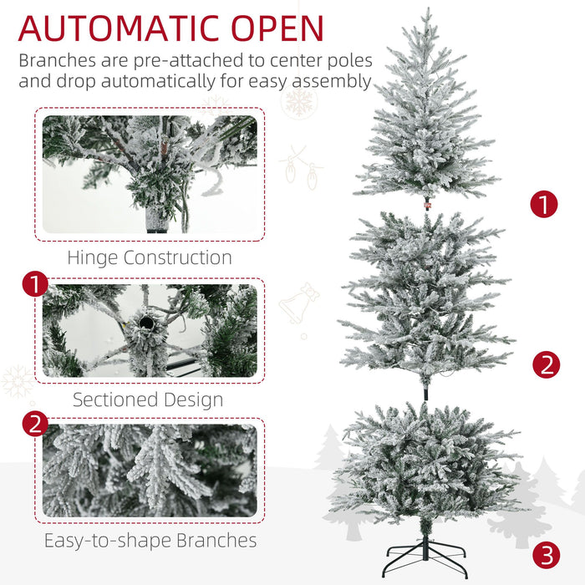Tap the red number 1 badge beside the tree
pyautogui.click(x=544, y=204)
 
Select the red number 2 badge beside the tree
pyautogui.click(x=547, y=364)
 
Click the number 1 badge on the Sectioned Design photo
pyautogui.click(x=34, y=284)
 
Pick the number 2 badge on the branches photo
pyautogui.click(x=34, y=424)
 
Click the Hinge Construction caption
pyautogui.click(x=150, y=257)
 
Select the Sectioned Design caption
pyautogui.click(x=148, y=399)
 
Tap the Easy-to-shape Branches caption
pyautogui.click(x=150, y=541)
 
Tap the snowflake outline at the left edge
pyautogui.click(x=17, y=382)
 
